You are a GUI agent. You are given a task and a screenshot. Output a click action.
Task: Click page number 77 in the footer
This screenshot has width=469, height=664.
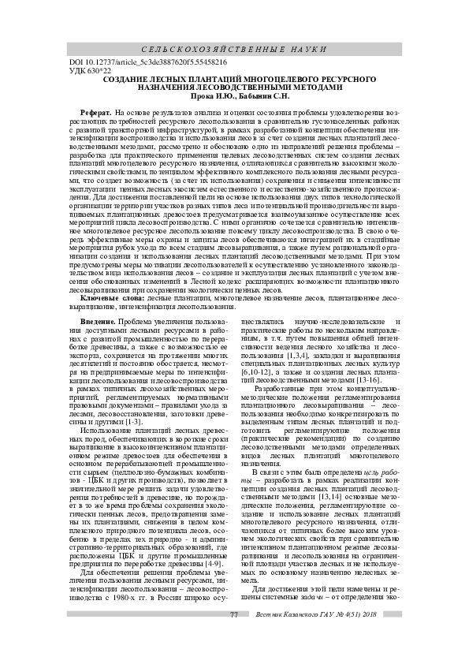(233, 636)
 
